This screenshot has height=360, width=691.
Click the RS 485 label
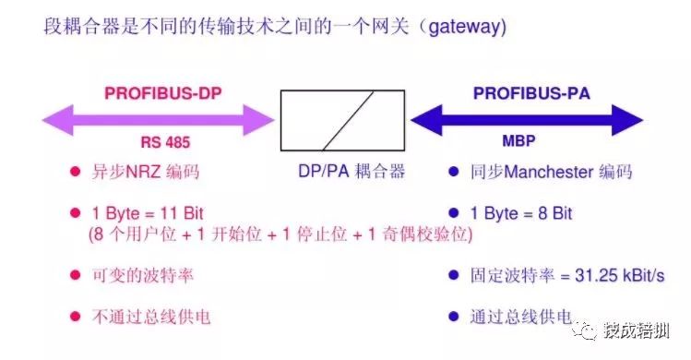pos(164,143)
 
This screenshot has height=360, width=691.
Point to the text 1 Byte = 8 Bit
pos(521,213)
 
